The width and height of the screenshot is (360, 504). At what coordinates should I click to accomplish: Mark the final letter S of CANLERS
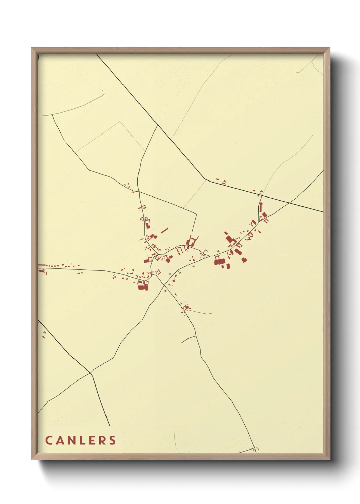(x=112, y=440)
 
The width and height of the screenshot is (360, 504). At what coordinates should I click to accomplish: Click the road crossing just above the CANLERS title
(x=91, y=373)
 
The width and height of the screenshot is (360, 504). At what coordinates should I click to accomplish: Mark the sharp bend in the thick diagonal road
(x=205, y=179)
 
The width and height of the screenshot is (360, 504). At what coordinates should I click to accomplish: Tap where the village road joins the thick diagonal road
(x=157, y=125)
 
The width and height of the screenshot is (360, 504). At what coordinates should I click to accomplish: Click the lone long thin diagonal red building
(x=165, y=231)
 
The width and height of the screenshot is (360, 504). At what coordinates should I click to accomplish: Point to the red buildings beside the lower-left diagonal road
(x=44, y=334)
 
